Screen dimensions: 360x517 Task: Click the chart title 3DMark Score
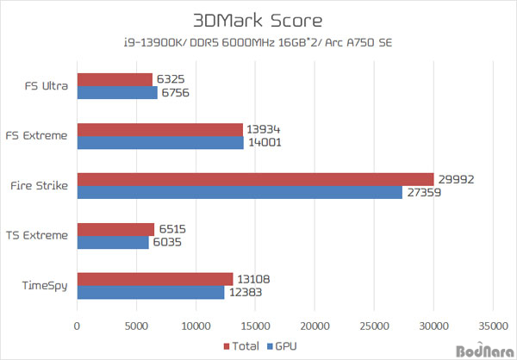pyautogui.click(x=258, y=20)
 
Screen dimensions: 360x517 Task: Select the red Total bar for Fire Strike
pyautogui.click(x=255, y=179)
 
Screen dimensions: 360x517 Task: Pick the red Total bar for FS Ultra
pyautogui.click(x=115, y=79)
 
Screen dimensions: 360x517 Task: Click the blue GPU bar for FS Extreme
pyautogui.click(x=160, y=143)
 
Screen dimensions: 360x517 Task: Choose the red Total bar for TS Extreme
pyautogui.click(x=115, y=229)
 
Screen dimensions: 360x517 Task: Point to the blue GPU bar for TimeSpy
pyautogui.click(x=151, y=293)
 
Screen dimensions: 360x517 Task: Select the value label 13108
pyautogui.click(x=254, y=279)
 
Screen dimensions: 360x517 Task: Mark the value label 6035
pyautogui.click(x=170, y=243)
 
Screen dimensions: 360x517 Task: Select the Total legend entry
pyautogui.click(x=244, y=346)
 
